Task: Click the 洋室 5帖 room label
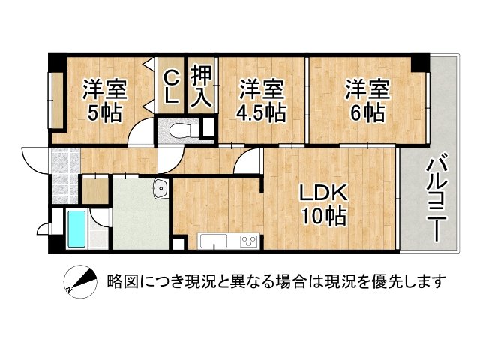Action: (x=104, y=100)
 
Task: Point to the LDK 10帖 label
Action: (x=323, y=204)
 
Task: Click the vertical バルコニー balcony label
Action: (x=437, y=199)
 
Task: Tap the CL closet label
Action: (x=170, y=86)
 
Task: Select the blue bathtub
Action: (x=76, y=229)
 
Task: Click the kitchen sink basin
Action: (x=211, y=241)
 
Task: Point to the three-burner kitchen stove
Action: (x=247, y=241)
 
